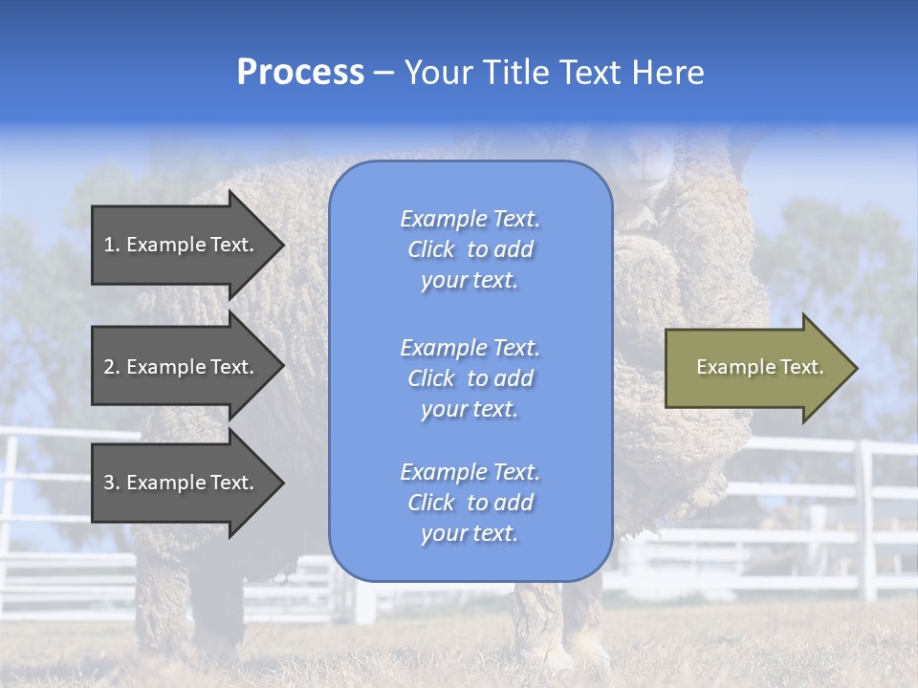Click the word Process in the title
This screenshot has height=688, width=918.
[x=300, y=73]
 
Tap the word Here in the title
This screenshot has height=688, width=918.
[x=667, y=73]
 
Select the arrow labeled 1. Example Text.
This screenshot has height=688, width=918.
[x=182, y=245]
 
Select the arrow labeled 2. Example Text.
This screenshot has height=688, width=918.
[x=182, y=367]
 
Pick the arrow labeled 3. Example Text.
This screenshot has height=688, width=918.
[x=182, y=483]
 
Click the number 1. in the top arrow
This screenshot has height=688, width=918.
[x=112, y=245]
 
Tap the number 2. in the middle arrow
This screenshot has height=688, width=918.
[x=112, y=367]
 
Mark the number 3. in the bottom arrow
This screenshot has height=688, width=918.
[x=112, y=483]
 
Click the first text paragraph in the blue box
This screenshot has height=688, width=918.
[x=470, y=249]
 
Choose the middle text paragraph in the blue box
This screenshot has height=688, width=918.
[x=470, y=378]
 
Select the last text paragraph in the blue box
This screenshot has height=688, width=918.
[x=470, y=503]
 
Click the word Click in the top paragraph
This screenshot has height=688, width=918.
[x=430, y=249]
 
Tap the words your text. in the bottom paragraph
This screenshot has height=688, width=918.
[x=470, y=533]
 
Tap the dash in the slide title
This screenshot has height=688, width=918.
[x=383, y=73]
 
